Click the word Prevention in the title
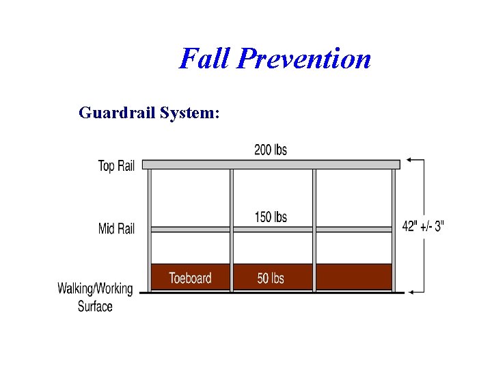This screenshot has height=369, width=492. click(x=304, y=59)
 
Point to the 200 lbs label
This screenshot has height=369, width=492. click(x=271, y=150)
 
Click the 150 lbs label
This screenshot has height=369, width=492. click(x=271, y=217)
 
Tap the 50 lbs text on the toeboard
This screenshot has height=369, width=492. click(x=271, y=278)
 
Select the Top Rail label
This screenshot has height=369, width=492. click(x=116, y=166)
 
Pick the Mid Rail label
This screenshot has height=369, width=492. click(x=116, y=228)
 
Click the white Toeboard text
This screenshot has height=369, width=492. click(x=190, y=278)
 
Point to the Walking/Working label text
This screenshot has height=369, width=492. click(x=95, y=288)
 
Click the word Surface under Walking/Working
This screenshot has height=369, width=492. click(x=95, y=306)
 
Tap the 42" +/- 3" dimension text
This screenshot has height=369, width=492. click(x=422, y=226)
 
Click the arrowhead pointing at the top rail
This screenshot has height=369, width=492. click(x=409, y=160)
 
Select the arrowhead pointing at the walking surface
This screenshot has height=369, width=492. click(x=409, y=292)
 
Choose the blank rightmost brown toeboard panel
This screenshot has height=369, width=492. click(x=353, y=277)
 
